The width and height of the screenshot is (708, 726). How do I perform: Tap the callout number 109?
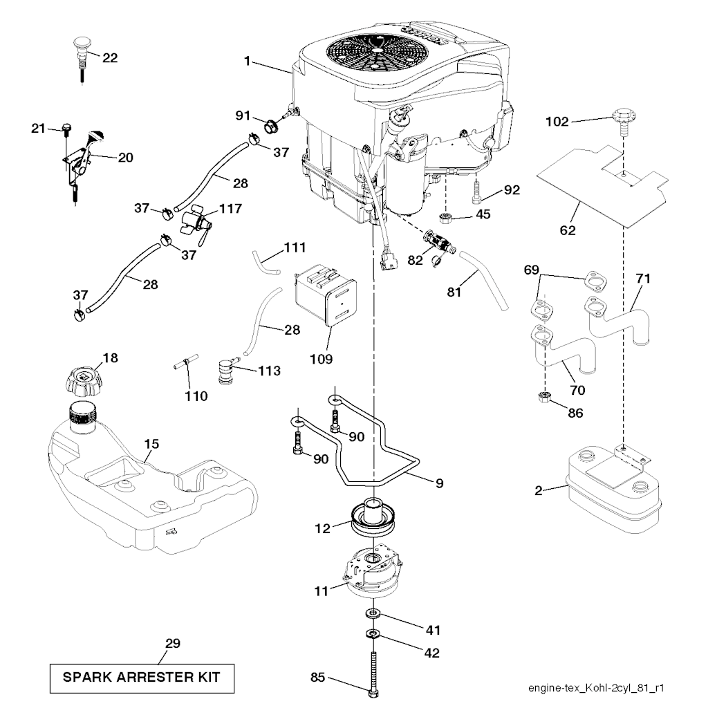[x=322, y=359]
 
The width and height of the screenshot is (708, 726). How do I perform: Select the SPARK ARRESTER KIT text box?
[x=142, y=678]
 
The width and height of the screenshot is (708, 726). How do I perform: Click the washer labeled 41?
[x=374, y=613]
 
